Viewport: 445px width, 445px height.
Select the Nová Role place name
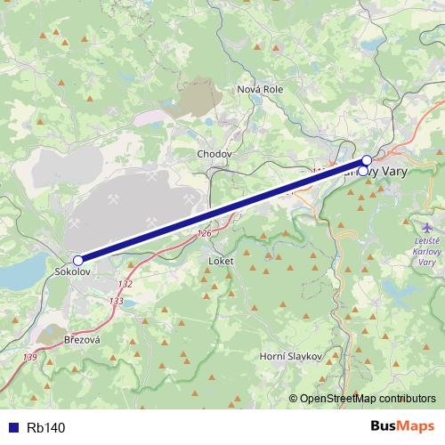(x=260, y=90)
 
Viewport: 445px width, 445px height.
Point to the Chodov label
(x=214, y=154)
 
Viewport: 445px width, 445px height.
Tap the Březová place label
(x=82, y=341)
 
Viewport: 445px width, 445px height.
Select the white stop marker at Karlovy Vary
(x=366, y=160)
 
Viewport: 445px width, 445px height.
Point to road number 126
(x=205, y=234)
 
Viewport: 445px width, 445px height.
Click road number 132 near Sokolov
(x=125, y=284)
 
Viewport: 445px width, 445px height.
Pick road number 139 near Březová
(x=31, y=357)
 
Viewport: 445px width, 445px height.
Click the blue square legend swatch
(x=13, y=427)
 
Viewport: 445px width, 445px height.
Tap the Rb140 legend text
(x=46, y=427)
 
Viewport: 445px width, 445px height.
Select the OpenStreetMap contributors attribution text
(x=368, y=399)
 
